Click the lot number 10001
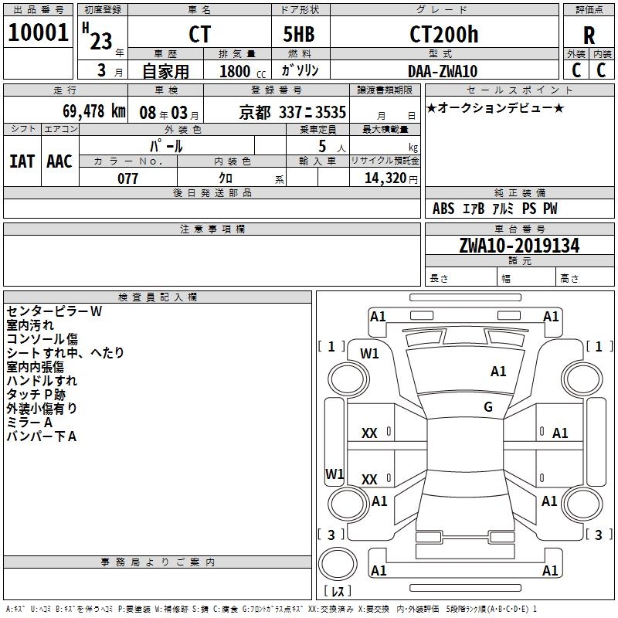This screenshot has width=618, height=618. pyautogui.click(x=38, y=32)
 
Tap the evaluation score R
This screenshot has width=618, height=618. pyautogui.click(x=589, y=36)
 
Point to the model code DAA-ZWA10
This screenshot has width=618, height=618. pyautogui.click(x=443, y=71)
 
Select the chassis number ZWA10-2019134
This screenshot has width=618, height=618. pyautogui.click(x=519, y=246)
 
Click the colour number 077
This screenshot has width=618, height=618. pyautogui.click(x=127, y=178)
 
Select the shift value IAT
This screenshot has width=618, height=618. pyautogui.click(x=22, y=161)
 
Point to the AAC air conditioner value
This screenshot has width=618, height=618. pyautogui.click(x=59, y=161)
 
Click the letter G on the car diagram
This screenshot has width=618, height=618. pyautogui.click(x=488, y=407)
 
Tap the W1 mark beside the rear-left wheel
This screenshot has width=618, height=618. pyautogui.click(x=334, y=473)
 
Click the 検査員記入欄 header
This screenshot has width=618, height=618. pyautogui.click(x=158, y=297)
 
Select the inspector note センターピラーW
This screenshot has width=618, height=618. pyautogui.click(x=54, y=311)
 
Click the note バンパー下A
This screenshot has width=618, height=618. pyautogui.click(x=42, y=436)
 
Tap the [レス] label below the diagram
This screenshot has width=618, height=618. pyautogui.click(x=338, y=591)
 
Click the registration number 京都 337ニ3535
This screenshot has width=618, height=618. pyautogui.click(x=292, y=111)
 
